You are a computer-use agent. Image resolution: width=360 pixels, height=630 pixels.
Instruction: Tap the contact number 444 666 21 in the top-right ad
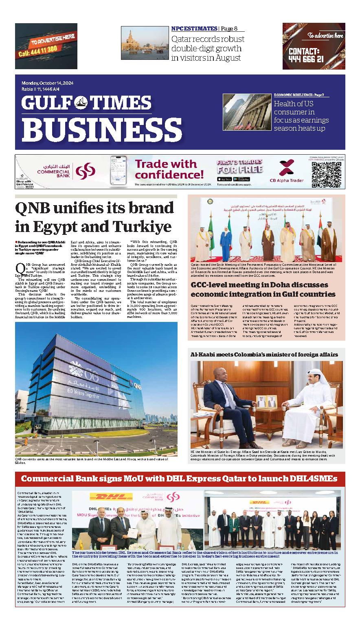click(306, 59)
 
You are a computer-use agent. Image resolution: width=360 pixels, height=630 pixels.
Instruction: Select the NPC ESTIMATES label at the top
click(194, 28)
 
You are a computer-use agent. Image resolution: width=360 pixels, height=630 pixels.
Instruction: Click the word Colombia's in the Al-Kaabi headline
click(255, 354)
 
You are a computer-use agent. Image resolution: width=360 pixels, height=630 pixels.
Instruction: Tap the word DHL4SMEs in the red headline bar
click(311, 478)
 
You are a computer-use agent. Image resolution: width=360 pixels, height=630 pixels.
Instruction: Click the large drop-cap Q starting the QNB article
click(20, 269)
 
